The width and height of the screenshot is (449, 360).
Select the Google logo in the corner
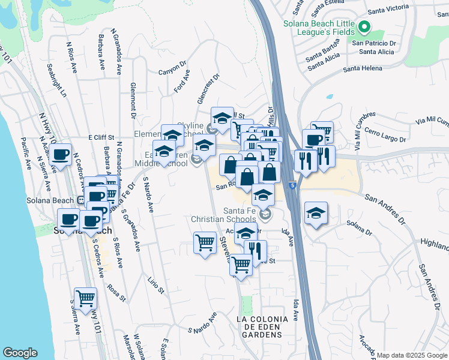pos(20,353)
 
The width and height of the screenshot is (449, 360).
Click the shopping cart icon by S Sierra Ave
pos(85,298)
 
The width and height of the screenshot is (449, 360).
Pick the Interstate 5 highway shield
pos(291,186)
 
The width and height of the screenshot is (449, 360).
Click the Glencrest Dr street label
pos(208,88)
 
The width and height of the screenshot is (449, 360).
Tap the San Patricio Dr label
pos(374,43)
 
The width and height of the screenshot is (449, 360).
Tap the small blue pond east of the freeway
pos(329,96)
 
